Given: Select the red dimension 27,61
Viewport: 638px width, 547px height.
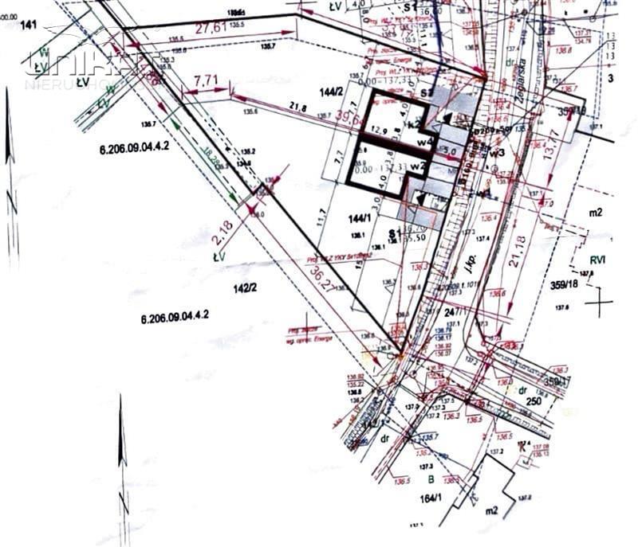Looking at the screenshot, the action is click(211, 27).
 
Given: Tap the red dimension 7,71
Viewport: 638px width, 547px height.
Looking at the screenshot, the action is click(205, 80).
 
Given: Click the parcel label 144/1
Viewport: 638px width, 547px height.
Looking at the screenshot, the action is click(360, 218).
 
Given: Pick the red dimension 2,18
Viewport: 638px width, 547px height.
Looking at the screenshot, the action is click(223, 232).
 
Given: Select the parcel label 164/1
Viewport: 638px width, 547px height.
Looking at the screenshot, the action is click(431, 498).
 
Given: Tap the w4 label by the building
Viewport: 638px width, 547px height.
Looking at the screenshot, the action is click(427, 142).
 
